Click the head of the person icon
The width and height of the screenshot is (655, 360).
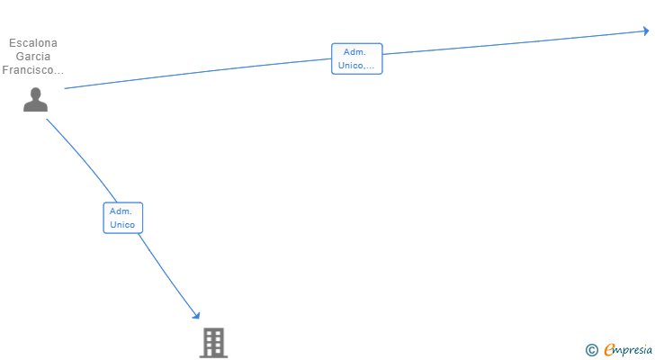tap(35, 94)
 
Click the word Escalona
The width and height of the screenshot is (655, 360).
tap(33, 42)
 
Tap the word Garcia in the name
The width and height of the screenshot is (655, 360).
tap(33, 56)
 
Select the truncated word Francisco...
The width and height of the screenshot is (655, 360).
tap(33, 69)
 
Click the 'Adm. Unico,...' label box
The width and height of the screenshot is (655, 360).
tap(356, 58)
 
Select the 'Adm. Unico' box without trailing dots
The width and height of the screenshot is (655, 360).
tap(122, 218)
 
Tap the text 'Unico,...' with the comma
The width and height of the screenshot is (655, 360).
tap(356, 66)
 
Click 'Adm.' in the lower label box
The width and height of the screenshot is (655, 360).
tap(121, 211)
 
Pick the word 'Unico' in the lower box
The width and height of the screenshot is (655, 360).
tap(122, 224)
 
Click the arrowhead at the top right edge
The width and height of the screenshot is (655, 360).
tap(645, 31)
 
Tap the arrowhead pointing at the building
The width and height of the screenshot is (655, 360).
tap(196, 315)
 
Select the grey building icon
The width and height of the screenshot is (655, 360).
tap(213, 343)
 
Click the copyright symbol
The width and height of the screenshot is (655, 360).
tap(591, 350)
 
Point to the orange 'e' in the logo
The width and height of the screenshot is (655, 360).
tap(609, 350)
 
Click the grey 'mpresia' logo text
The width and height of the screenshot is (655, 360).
tap(634, 350)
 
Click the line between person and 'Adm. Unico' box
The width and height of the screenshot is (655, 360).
tap(82, 157)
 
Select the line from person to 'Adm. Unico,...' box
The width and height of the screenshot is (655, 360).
tap(198, 75)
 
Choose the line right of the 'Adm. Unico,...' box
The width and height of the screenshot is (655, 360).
tap(513, 43)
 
